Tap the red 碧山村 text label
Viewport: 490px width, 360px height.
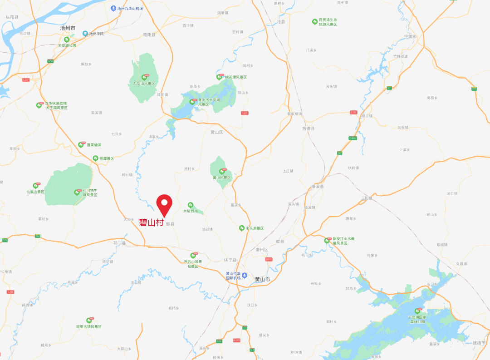(151, 222)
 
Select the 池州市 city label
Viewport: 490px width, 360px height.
(68, 28)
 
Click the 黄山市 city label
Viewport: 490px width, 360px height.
(262, 279)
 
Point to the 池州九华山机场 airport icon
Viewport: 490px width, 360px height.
(113, 9)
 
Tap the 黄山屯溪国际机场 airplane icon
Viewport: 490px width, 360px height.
(245, 275)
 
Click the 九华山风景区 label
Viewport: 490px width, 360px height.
(144, 84)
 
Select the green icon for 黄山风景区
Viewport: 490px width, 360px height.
(222, 171)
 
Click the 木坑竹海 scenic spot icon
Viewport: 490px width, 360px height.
(191, 205)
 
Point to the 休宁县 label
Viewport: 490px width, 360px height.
(230, 260)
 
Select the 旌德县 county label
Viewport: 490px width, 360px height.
(309, 128)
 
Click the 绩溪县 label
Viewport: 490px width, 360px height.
(317, 187)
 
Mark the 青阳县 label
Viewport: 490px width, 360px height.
(149, 35)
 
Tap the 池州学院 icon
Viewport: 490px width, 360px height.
(85, 34)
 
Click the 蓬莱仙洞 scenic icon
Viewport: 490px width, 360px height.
(81, 145)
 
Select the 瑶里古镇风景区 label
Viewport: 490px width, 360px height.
(89, 326)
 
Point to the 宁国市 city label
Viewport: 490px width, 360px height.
(410, 36)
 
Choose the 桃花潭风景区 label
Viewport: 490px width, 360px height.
(236, 77)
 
